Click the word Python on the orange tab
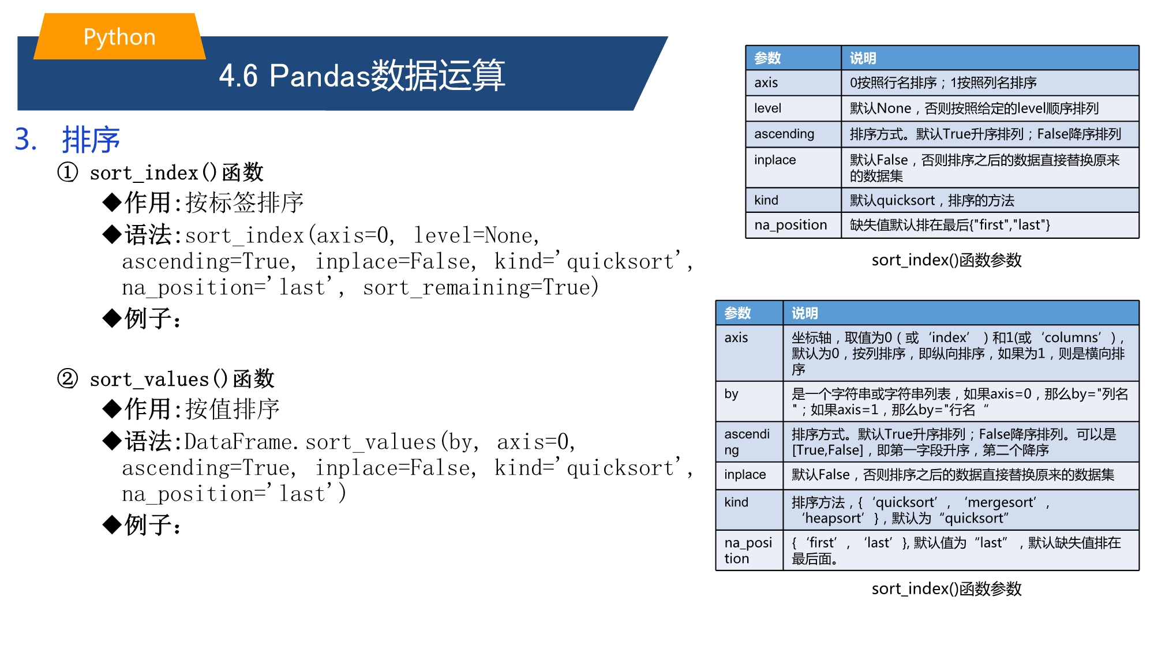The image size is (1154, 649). coord(119,37)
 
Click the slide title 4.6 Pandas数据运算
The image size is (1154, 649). coord(362,75)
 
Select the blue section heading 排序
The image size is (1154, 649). coord(91,140)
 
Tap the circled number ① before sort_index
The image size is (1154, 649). coord(68,172)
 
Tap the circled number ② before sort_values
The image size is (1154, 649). coord(68,378)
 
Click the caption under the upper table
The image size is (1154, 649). coord(946,260)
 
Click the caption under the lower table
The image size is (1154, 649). coord(946,588)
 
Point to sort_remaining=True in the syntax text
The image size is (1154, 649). coord(481,287)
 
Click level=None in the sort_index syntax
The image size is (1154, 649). coord(477,235)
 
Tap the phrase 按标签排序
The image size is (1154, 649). coord(245,202)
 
